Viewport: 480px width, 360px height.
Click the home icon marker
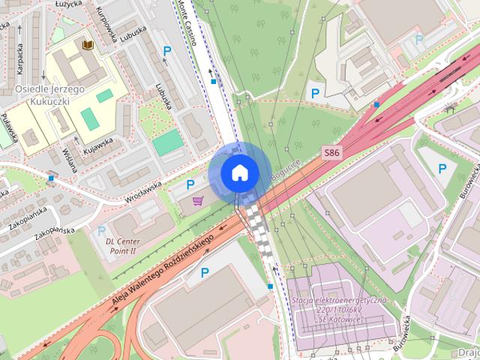239,172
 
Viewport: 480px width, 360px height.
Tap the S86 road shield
332,152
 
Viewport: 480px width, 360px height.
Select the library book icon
88,46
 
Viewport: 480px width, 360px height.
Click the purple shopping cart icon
198,200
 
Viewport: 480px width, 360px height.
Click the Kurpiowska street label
104,22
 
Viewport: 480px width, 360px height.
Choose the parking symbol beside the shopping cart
190,184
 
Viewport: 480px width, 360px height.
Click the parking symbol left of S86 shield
316,94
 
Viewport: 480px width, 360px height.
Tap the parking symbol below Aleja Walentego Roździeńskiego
204,274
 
